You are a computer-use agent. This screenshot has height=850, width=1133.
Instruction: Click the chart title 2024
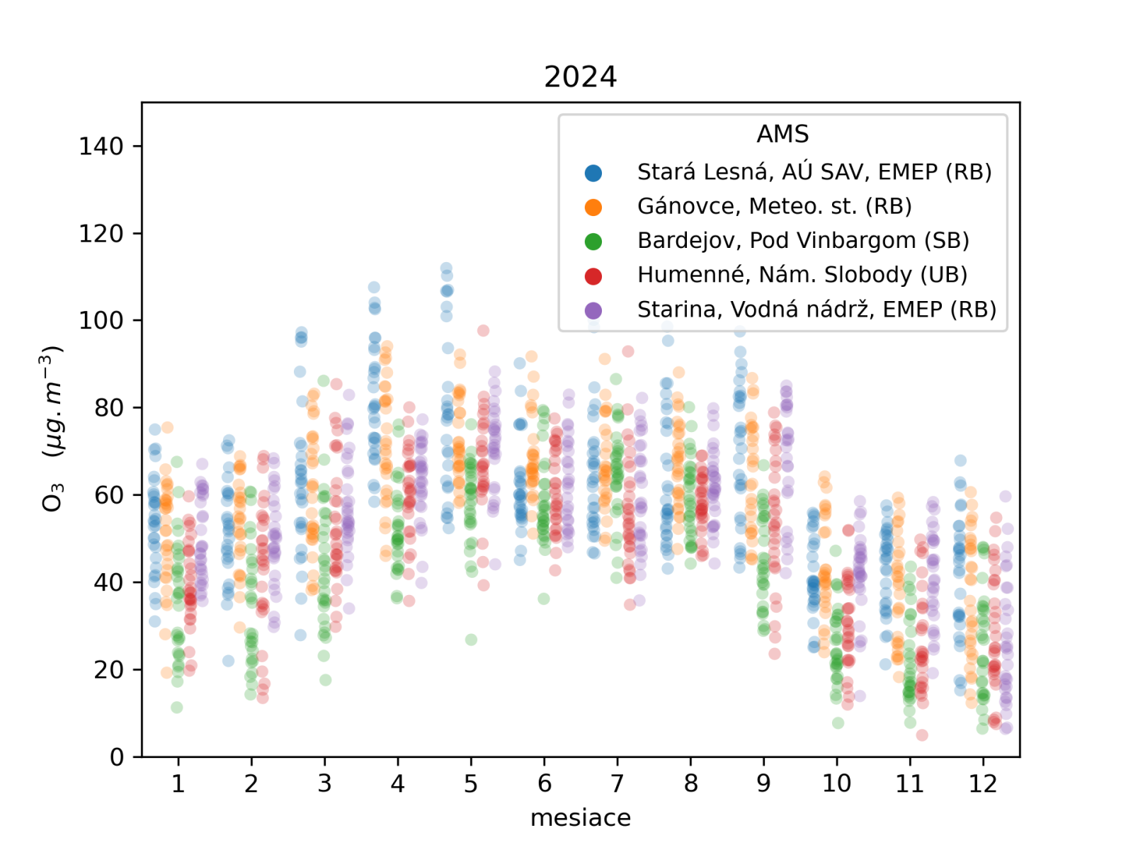pyautogui.click(x=580, y=76)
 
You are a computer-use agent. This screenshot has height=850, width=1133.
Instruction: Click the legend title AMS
pyautogui.click(x=782, y=134)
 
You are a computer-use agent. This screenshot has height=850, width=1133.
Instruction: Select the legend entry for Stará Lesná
pyautogui.click(x=814, y=172)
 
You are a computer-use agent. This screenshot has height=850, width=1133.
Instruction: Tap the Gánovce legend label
pyautogui.click(x=774, y=206)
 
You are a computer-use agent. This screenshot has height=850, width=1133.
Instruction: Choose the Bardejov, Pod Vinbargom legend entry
pyautogui.click(x=803, y=241)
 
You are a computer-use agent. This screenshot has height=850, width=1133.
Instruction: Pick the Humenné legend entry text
pyautogui.click(x=802, y=275)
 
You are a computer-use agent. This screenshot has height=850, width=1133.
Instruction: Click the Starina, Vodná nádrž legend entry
pyautogui.click(x=816, y=310)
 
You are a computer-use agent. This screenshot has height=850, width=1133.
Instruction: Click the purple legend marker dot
pyautogui.click(x=593, y=310)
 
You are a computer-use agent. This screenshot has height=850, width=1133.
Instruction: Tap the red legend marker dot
pyautogui.click(x=593, y=276)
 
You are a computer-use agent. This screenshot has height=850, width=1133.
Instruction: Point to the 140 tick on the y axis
pyautogui.click(x=101, y=147)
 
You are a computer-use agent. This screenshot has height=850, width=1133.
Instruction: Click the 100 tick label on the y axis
pyautogui.click(x=101, y=321)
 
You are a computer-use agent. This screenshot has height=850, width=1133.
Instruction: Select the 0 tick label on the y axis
pyautogui.click(x=117, y=757)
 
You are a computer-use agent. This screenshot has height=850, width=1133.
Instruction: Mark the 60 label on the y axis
pyautogui.click(x=109, y=495)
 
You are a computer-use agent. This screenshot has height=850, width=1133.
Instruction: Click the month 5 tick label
pyautogui.click(x=471, y=783)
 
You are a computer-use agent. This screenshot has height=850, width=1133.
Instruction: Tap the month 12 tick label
pyautogui.click(x=983, y=783)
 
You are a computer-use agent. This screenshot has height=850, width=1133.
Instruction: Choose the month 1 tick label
pyautogui.click(x=178, y=783)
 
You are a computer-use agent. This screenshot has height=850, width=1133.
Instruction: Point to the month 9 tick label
pyautogui.click(x=763, y=783)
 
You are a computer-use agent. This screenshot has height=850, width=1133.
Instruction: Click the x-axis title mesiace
pyautogui.click(x=580, y=818)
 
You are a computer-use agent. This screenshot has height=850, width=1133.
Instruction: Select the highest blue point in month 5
pyautogui.click(x=446, y=268)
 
